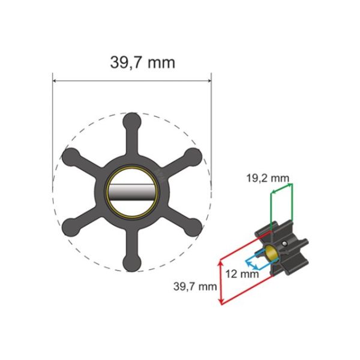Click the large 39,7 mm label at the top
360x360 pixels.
142,61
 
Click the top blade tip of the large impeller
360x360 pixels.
132,120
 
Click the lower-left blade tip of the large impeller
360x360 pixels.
70,226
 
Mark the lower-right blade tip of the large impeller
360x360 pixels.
193,226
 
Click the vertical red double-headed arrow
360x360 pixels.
222,281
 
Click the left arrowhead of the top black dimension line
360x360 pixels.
55,80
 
